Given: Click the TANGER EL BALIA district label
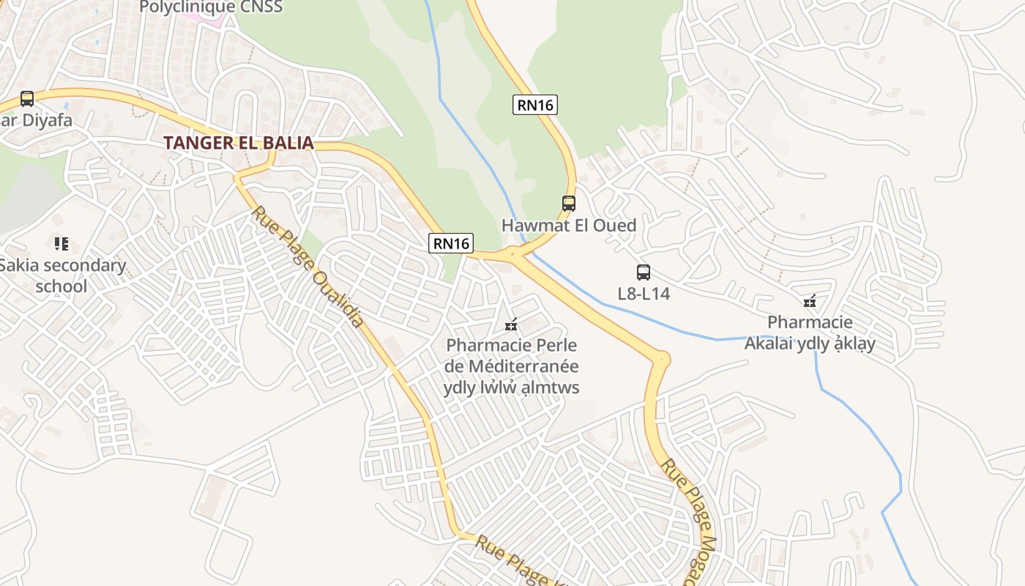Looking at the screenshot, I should click(239, 143).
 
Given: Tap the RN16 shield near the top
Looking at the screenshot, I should click(534, 105).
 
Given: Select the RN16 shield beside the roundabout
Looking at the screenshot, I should click(451, 243).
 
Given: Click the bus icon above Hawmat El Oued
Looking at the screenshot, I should click(569, 203).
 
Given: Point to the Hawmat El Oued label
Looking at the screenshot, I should click(569, 225).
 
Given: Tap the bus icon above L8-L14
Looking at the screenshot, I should click(644, 272).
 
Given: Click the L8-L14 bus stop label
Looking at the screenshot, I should click(644, 294).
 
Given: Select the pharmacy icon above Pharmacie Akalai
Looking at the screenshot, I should click(810, 301).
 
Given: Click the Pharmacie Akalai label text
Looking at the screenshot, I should click(810, 333).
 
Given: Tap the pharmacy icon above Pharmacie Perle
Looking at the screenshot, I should click(511, 324).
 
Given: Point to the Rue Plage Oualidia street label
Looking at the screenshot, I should click(308, 267).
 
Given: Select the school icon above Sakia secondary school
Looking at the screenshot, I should click(61, 243).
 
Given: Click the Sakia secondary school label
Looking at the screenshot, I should click(62, 275).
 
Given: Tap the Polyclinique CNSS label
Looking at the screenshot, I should click(211, 7).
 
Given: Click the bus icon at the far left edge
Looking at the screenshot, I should click(27, 98).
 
